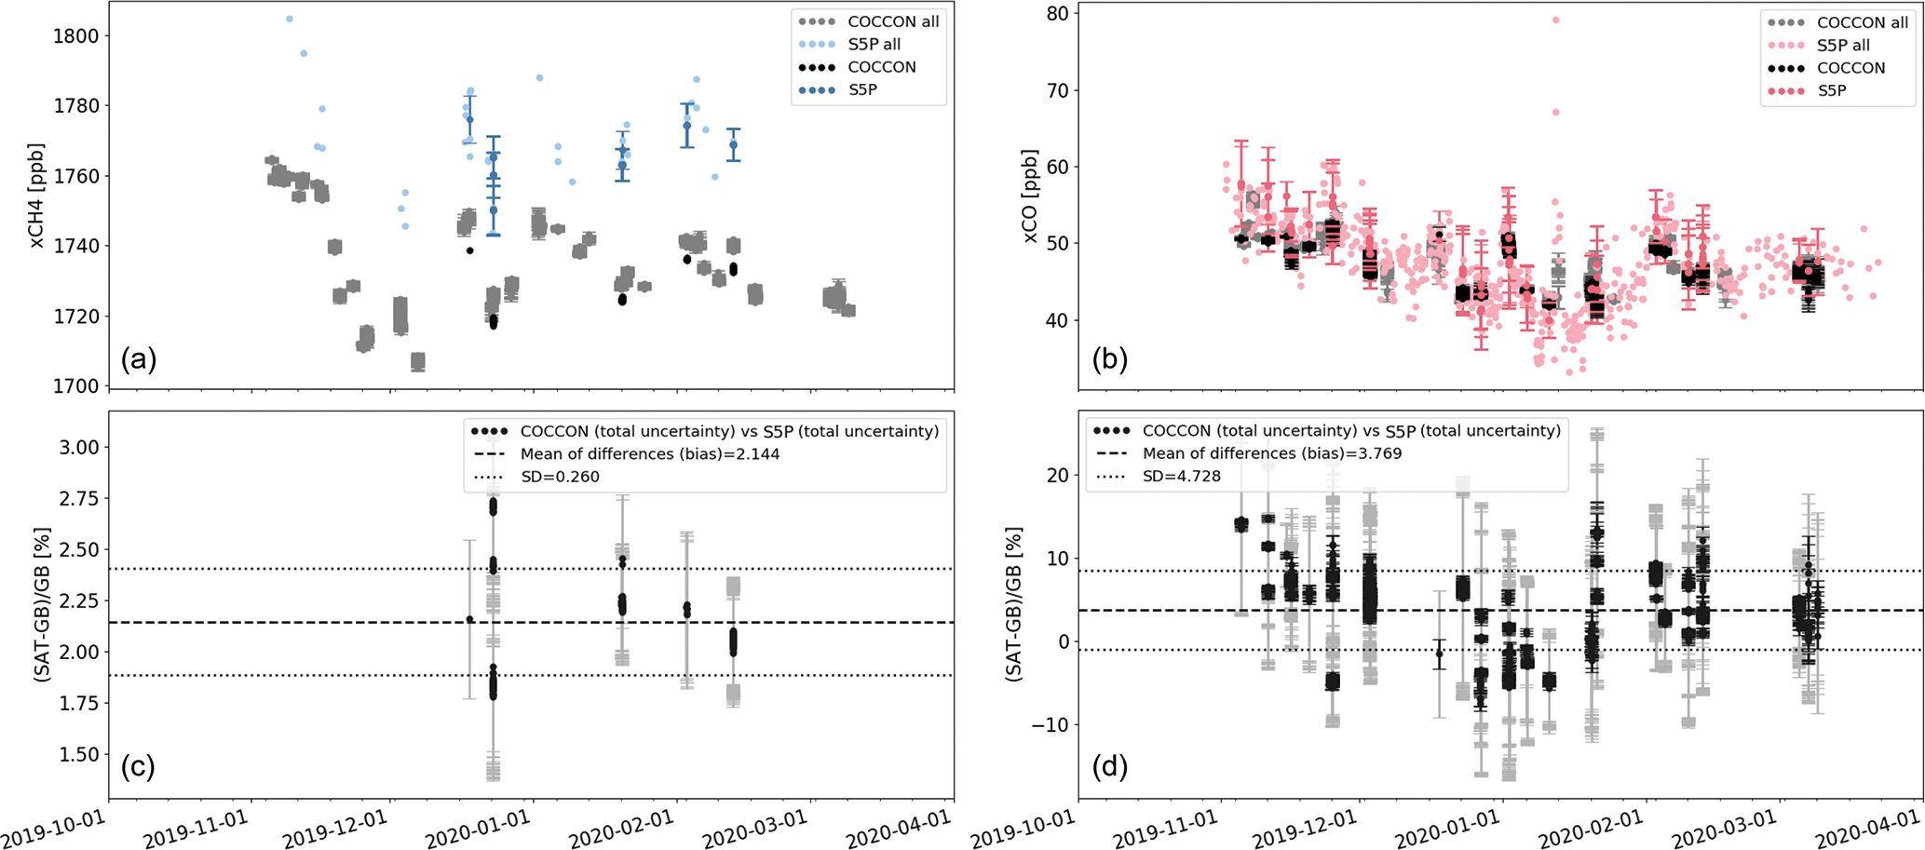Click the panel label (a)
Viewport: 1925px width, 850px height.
click(x=139, y=359)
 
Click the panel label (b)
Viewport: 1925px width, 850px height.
click(x=1109, y=359)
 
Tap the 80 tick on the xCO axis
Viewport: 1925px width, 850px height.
click(x=1057, y=14)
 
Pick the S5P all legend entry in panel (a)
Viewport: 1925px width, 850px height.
click(x=874, y=44)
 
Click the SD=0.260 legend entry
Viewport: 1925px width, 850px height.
click(x=560, y=477)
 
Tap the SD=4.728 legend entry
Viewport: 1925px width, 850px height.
click(x=1182, y=476)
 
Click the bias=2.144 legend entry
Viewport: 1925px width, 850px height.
click(x=649, y=454)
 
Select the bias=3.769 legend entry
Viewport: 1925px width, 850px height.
click(x=1271, y=453)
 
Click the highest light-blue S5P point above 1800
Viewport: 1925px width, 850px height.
click(x=290, y=19)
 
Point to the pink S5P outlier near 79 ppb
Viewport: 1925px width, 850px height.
click(x=1555, y=20)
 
